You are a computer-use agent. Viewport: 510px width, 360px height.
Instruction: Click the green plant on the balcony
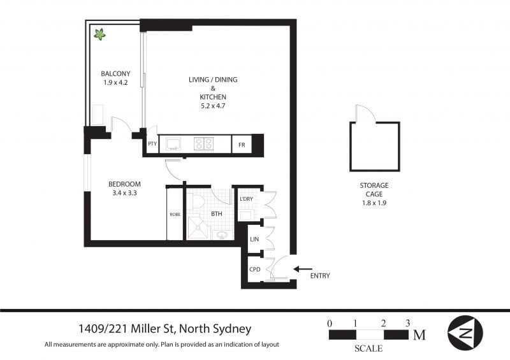[x=100, y=34]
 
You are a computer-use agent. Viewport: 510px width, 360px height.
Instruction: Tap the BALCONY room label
[x=115, y=73]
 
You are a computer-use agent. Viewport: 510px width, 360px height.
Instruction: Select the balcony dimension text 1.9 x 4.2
[x=115, y=83]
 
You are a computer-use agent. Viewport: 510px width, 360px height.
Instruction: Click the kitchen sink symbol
[x=173, y=143]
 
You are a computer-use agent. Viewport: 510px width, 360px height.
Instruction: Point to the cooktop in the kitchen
[x=203, y=143]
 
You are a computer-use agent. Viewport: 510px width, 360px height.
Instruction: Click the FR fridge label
[x=242, y=145]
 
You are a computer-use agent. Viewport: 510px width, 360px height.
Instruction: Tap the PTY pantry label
[x=152, y=143]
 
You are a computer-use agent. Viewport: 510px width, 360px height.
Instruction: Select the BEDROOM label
[x=124, y=184]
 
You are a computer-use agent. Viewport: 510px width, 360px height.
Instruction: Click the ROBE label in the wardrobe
[x=175, y=214]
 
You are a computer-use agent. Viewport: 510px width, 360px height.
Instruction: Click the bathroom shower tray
[x=198, y=227]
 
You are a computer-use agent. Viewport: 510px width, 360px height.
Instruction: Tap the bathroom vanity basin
[x=222, y=234]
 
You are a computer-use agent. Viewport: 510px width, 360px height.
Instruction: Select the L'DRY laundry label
[x=246, y=199]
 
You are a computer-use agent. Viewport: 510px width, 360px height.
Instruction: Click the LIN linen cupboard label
[x=254, y=239]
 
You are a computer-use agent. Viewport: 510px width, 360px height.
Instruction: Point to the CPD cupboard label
[x=254, y=270]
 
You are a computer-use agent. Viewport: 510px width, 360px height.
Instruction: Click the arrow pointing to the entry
[x=303, y=269]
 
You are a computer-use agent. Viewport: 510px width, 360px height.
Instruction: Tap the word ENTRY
[x=320, y=276]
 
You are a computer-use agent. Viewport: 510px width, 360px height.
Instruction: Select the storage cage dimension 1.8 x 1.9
[x=374, y=203]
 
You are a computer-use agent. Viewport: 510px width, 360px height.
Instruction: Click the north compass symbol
[x=465, y=333]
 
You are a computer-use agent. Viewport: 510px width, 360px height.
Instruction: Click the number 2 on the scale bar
[x=384, y=323]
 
